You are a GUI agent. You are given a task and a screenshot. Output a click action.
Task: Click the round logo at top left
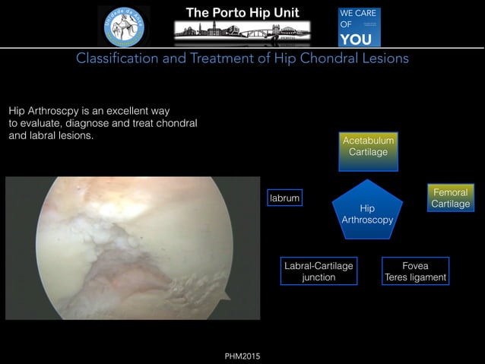pos(124,26)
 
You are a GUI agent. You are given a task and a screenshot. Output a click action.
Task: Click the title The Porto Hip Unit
pos(242,12)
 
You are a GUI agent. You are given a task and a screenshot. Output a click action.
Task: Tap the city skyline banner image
pos(242,31)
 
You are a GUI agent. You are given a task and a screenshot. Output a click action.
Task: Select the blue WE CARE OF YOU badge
pos(359,27)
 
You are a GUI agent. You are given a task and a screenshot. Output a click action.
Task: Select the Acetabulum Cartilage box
pos(368,147)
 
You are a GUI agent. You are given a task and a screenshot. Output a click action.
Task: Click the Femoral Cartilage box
pos(450,198)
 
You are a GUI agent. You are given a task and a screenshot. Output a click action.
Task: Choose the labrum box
pos(284,198)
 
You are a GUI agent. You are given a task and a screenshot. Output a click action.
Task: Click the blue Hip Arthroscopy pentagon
pos(367,213)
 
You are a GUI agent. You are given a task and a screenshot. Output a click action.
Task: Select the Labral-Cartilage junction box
pos(319,271)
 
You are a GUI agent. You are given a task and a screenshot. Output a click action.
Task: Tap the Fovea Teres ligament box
pos(415,271)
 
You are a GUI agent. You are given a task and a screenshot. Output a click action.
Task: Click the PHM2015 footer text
pos(242,356)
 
